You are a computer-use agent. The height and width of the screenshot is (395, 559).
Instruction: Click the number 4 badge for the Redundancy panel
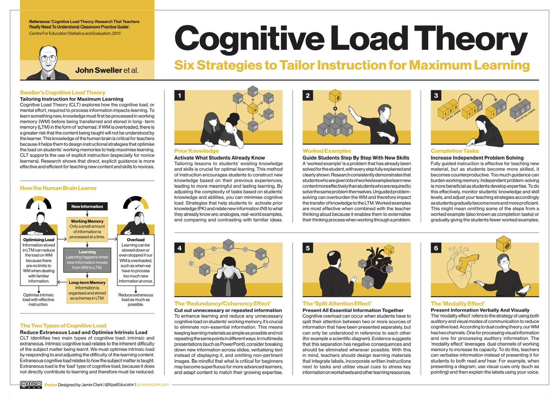coord(179,248)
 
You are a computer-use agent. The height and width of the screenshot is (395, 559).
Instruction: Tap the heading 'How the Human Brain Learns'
coord(58,188)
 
